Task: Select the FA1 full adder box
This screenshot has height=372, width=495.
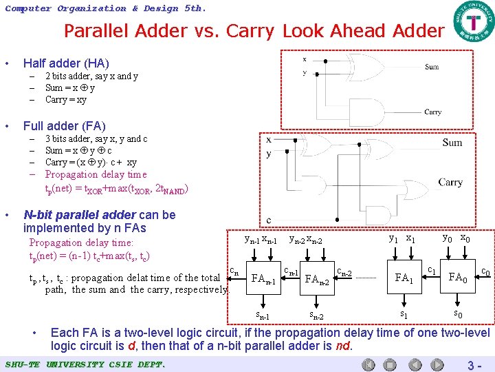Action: pyautogui.click(x=403, y=278)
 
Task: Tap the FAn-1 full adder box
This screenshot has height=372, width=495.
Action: pyautogui.click(x=263, y=279)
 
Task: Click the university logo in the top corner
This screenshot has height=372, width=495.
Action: pyautogui.click(x=472, y=23)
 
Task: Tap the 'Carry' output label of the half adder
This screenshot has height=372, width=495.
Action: pyautogui.click(x=432, y=112)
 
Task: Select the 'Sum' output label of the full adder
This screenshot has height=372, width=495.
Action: pyautogui.click(x=452, y=143)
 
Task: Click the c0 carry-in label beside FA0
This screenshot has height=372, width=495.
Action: pyautogui.click(x=485, y=272)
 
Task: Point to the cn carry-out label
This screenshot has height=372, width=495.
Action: pyautogui.click(x=234, y=271)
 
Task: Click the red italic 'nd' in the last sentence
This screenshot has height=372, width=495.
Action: pyautogui.click(x=344, y=346)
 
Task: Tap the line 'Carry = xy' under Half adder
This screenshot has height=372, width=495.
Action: pyautogui.click(x=66, y=99)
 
